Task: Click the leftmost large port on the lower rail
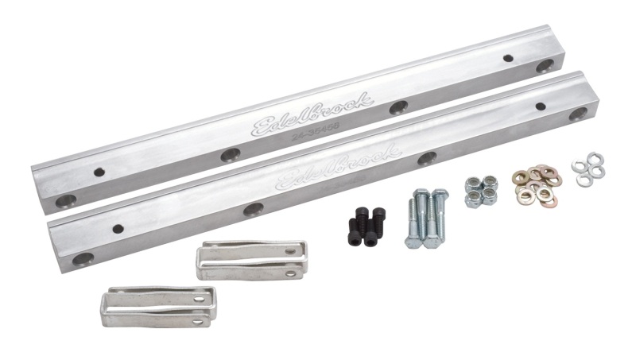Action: click(x=82, y=260)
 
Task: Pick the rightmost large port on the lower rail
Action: click(x=578, y=114)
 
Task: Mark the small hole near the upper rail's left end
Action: click(x=98, y=172)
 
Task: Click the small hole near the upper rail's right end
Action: click(x=508, y=58)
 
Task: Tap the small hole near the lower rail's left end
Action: click(x=118, y=229)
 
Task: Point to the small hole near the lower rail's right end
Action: click(x=541, y=106)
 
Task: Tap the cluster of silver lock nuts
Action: click(x=481, y=191)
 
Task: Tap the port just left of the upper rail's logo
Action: click(x=230, y=155)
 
